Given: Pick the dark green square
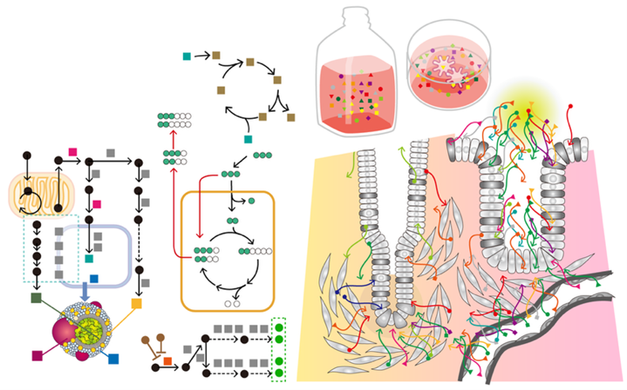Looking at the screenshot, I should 36,298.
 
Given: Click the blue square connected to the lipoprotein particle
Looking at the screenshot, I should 113,359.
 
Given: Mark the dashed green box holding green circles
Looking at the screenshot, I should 278,350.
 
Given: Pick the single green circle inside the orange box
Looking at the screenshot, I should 252,202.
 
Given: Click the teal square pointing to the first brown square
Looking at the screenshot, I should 186,55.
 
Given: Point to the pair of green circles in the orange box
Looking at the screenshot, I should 232,220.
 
